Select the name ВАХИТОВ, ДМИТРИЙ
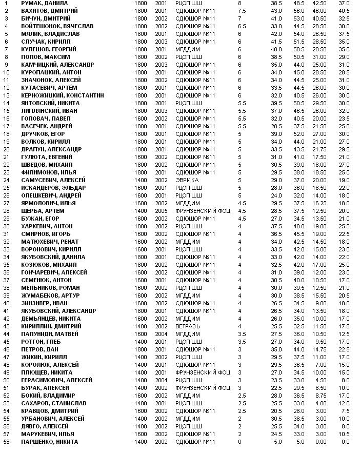pos(49,11)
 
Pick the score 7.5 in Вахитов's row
pos(242,11)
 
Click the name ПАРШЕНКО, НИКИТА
pos(50,442)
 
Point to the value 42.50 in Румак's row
pos(319,3)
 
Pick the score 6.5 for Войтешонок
pos(242,26)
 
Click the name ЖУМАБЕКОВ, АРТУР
pos(50,296)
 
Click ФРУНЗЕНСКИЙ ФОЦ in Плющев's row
pos(203,372)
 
